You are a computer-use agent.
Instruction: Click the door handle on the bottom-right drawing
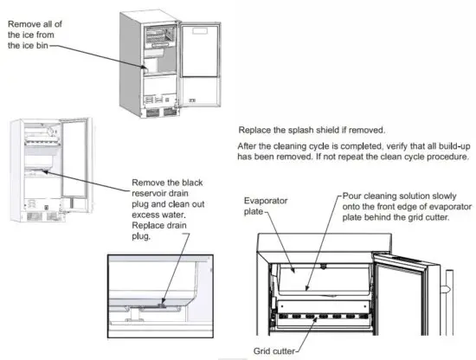[x=449, y=286]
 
